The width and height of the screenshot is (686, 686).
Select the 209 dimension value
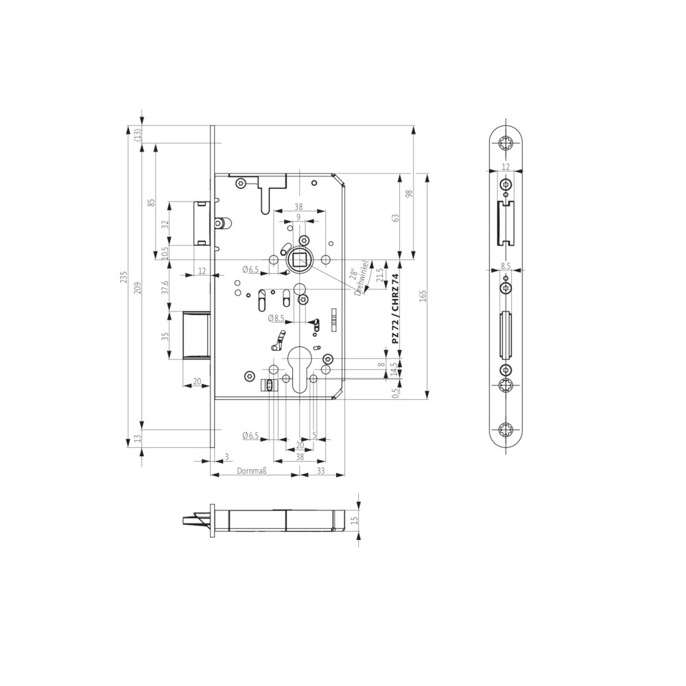138,287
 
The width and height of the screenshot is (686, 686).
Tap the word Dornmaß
252,471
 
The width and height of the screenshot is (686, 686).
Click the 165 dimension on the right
423,296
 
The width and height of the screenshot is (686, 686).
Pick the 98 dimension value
409,194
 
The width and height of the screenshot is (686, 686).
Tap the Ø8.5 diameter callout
276,318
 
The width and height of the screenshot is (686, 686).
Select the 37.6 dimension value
165,288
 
